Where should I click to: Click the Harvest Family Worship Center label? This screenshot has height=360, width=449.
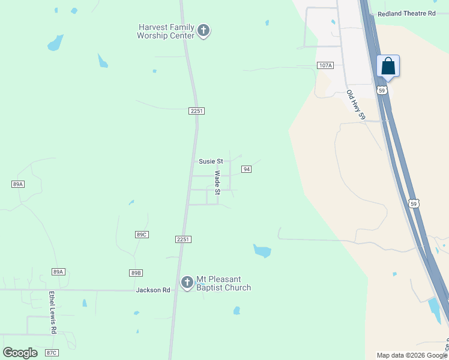[166, 31]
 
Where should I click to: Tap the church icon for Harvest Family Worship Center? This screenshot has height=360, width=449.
[203, 30]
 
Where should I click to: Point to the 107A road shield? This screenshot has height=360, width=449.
[325, 65]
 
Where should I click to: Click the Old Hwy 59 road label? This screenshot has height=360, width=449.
[355, 106]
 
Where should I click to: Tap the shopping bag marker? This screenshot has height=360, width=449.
[388, 66]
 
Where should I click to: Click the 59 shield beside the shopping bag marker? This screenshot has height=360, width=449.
[382, 90]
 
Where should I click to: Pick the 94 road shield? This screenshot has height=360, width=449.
[246, 169]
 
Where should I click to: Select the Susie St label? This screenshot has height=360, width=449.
[211, 161]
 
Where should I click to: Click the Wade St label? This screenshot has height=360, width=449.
[218, 182]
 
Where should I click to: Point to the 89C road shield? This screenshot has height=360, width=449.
[142, 235]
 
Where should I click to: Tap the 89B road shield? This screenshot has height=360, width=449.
[136, 273]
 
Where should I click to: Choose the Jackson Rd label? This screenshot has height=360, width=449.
[153, 290]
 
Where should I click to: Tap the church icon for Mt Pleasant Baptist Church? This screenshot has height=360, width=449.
[187, 282]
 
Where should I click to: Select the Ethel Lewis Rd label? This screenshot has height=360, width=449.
[53, 313]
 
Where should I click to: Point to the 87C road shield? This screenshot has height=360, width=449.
[52, 352]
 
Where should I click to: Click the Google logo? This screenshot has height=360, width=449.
[20, 353]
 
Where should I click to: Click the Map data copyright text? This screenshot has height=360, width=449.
[412, 355]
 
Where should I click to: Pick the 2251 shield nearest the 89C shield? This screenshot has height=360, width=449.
[184, 239]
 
